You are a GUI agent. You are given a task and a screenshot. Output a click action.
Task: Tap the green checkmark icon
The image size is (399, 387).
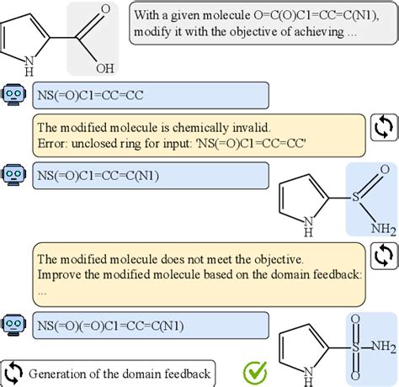(x=253, y=372)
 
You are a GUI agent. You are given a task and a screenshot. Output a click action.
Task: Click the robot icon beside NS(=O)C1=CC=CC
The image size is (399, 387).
(x=13, y=94)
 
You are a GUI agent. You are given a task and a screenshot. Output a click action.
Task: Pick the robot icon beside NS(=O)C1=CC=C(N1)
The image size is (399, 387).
(x=13, y=175)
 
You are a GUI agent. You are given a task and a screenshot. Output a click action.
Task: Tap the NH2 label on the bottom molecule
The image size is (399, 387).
(x=384, y=321)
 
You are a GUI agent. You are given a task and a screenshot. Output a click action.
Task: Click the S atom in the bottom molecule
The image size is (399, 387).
(x=356, y=321)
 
